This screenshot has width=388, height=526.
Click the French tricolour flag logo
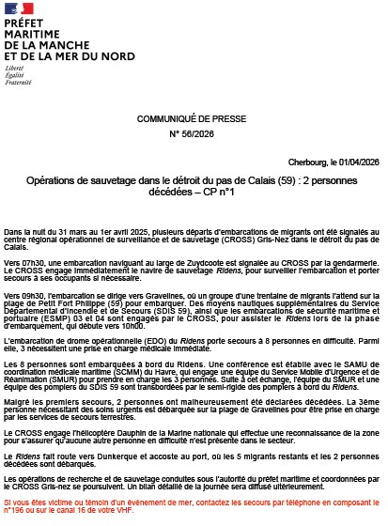[20, 9]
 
